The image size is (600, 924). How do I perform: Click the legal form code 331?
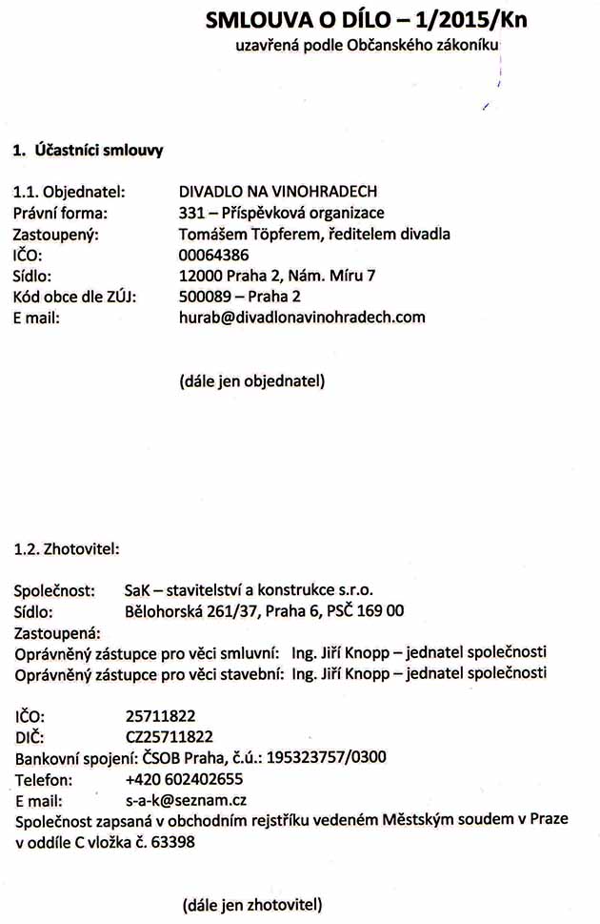click(x=191, y=212)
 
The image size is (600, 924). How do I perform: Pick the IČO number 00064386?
click(x=213, y=255)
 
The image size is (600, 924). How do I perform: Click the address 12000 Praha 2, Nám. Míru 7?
click(x=277, y=276)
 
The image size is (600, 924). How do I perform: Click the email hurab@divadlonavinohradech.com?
click(x=302, y=318)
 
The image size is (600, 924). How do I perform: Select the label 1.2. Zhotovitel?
click(x=66, y=548)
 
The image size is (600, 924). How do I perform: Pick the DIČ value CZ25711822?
click(x=169, y=736)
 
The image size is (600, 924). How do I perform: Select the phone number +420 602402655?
click(x=184, y=778)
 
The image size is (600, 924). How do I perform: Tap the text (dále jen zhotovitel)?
click(x=252, y=903)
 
